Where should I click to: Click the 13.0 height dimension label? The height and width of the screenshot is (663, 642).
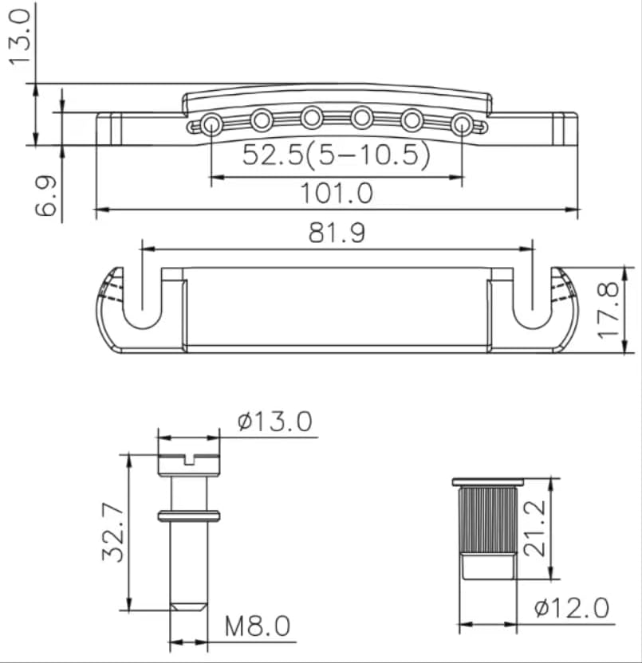(x=20, y=37)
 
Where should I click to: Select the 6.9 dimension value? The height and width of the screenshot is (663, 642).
(x=45, y=196)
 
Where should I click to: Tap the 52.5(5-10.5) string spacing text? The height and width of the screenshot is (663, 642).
(x=337, y=155)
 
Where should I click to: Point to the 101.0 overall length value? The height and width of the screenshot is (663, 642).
(x=337, y=193)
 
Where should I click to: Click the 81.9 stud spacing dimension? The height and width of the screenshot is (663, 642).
(x=337, y=233)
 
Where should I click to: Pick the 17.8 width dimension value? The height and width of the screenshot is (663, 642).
(x=609, y=311)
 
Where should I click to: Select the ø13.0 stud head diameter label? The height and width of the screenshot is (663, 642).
(x=275, y=421)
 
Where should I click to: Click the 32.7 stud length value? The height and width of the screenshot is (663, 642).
(x=113, y=532)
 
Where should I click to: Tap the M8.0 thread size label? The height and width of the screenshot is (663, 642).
(x=258, y=626)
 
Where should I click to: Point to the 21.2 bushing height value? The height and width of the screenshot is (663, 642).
(x=534, y=528)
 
